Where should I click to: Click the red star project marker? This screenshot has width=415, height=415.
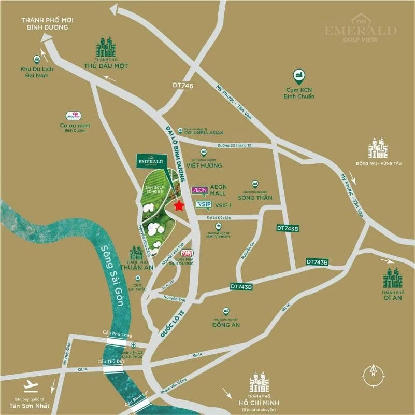click(179, 206)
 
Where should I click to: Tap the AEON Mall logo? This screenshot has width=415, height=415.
click(199, 190)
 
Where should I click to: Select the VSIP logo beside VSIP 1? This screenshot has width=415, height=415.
click(203, 205)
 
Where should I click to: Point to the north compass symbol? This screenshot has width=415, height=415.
click(372, 371)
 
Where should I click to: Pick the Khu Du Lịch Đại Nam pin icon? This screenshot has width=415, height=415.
click(37, 59)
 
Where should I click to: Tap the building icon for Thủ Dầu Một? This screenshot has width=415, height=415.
click(106, 47)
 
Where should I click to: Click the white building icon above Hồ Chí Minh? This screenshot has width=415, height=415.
click(259, 382)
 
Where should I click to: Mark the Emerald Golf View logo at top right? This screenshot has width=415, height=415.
click(361, 30)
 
